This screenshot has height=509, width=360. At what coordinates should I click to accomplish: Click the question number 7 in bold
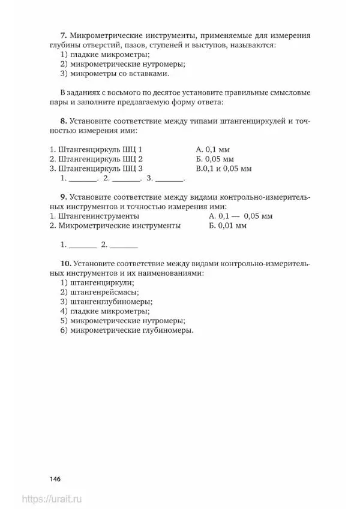64,35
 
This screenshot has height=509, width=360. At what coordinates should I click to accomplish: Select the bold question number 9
64,197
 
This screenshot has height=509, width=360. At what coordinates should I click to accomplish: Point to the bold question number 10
66,263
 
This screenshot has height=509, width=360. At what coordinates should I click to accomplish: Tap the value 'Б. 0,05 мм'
214,159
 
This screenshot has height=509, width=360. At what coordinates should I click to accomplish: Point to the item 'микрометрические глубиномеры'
131,330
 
